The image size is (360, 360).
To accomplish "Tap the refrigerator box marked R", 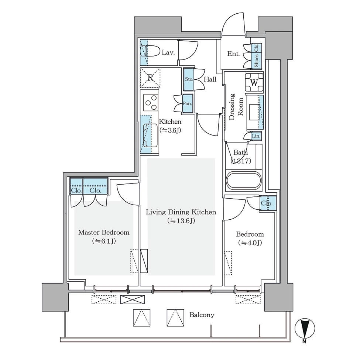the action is (150, 78).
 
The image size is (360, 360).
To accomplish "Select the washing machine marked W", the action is (254, 82).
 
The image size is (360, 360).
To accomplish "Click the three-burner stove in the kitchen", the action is (151, 103).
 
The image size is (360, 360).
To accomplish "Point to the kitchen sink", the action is (150, 136).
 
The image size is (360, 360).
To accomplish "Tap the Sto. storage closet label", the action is (189, 79).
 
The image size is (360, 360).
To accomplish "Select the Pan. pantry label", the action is (187, 103).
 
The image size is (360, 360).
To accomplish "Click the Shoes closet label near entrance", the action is (256, 61).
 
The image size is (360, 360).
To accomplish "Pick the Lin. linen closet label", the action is (256, 136).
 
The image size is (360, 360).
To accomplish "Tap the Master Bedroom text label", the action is (104, 232).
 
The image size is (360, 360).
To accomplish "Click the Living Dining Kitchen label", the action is (181, 212).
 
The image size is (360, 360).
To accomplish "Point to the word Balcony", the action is (202, 315).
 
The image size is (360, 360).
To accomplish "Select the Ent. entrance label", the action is (233, 54).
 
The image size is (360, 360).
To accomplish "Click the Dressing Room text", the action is (236, 107).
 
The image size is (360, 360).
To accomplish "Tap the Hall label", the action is (210, 79).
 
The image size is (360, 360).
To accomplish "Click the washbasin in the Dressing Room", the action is (254, 112).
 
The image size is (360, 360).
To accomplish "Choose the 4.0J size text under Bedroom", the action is (250, 243).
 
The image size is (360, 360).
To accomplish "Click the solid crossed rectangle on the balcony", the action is (133, 299).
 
